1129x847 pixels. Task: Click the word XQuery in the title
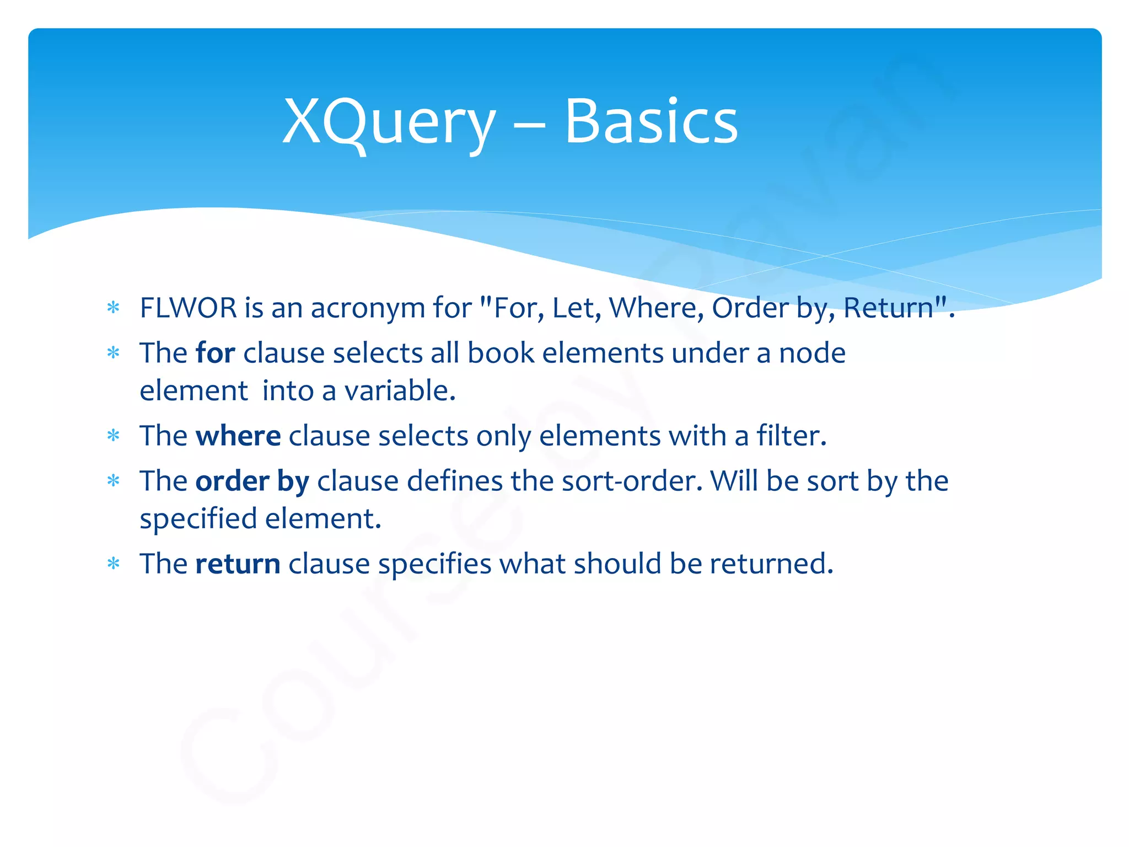(x=389, y=122)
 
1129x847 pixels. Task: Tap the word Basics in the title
(x=650, y=122)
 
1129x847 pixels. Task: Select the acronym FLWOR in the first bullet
(x=188, y=308)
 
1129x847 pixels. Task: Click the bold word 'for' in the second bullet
(x=215, y=353)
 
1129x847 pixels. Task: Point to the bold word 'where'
(x=238, y=436)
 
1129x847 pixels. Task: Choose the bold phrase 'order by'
(x=252, y=481)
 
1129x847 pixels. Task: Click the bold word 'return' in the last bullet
(x=238, y=564)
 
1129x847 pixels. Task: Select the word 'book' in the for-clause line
(x=501, y=353)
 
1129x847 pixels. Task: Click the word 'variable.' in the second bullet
(x=400, y=391)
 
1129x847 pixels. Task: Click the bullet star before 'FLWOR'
(x=114, y=308)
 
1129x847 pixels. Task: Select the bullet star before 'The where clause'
(x=114, y=436)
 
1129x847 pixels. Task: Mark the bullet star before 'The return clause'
(x=114, y=564)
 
